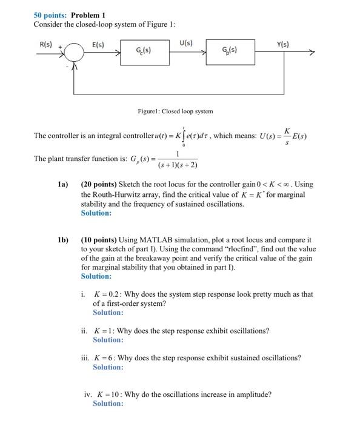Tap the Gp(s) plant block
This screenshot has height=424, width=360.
point(230,50)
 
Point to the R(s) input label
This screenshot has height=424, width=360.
point(46,44)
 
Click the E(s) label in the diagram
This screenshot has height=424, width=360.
point(98,44)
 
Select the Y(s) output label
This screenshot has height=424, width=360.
point(283,44)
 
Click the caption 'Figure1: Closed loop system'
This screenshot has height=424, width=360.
point(176,111)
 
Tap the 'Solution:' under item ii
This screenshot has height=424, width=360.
point(108,340)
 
